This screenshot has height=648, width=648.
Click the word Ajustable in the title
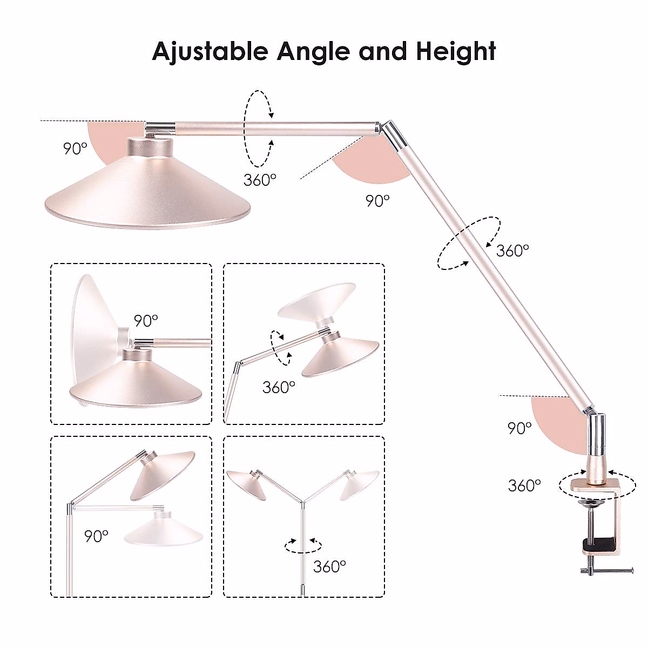pyautogui.click(x=210, y=51)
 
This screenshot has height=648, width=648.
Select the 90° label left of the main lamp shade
pyautogui.click(x=75, y=148)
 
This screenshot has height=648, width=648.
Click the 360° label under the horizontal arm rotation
pyautogui.click(x=260, y=180)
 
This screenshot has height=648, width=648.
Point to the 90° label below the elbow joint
pyautogui.click(x=377, y=200)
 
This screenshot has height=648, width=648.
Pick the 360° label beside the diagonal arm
pyautogui.click(x=512, y=251)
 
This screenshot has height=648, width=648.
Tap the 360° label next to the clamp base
pyautogui.click(x=524, y=485)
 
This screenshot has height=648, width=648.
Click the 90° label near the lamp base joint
pyautogui.click(x=520, y=428)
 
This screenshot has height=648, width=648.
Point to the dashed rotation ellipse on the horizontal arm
pyautogui.click(x=256, y=128)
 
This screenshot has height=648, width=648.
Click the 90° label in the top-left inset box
pyautogui.click(x=146, y=320)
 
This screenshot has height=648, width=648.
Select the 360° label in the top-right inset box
pyautogui.click(x=279, y=387)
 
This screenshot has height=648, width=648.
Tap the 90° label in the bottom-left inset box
pyautogui.click(x=96, y=536)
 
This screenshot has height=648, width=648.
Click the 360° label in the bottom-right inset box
pyautogui.click(x=329, y=566)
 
